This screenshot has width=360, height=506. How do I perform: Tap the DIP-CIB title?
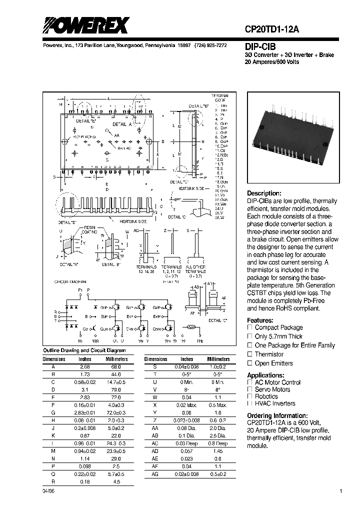pos(260,45)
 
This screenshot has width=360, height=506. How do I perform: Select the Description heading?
pos(264,193)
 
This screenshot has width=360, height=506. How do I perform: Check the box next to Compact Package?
pos(249,327)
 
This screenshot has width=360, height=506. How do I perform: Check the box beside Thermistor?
pos(249,354)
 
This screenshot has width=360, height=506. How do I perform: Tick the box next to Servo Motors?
pos(249,389)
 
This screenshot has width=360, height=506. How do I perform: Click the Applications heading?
pos(266,375)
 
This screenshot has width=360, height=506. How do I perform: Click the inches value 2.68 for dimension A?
pos(85,366)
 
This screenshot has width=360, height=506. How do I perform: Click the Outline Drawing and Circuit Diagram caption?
pos(84,350)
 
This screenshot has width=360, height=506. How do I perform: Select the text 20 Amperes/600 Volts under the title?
pos(271,61)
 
